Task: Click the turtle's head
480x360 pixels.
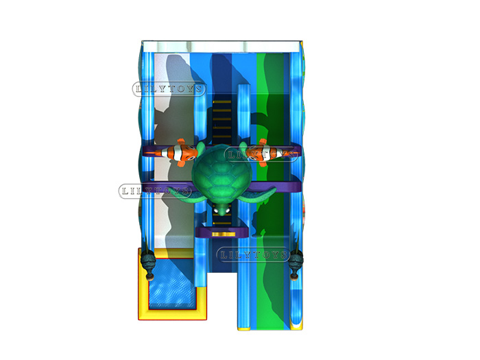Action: click(x=221, y=208)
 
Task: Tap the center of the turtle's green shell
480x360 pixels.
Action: click(x=221, y=174)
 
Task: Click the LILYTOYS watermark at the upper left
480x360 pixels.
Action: click(x=169, y=89)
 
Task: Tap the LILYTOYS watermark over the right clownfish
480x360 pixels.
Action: click(x=262, y=154)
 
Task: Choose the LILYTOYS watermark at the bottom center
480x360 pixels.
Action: click(x=254, y=254)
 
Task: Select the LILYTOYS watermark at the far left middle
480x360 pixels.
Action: click(x=155, y=191)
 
